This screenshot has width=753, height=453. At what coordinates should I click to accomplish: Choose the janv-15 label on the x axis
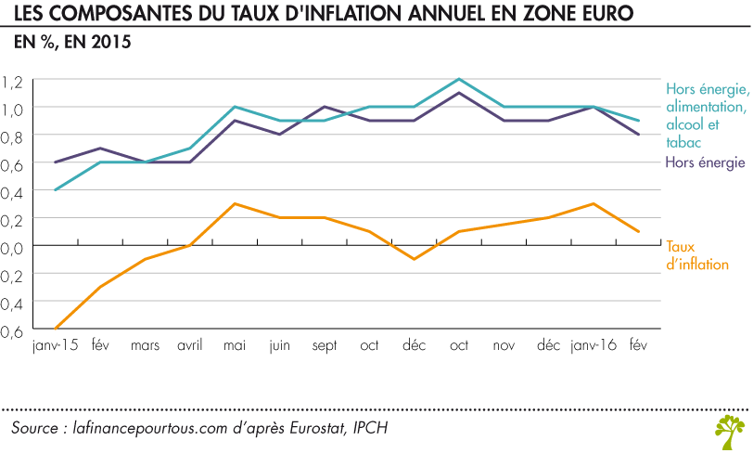pos(55,345)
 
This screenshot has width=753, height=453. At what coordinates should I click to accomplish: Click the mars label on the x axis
pos(145,345)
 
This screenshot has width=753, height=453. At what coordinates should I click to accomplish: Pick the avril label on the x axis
pos(190,345)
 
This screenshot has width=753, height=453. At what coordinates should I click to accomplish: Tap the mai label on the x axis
pos(235,345)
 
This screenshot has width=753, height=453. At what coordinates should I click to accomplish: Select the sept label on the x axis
pos(325,345)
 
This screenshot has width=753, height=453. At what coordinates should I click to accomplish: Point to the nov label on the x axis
pos(504,345)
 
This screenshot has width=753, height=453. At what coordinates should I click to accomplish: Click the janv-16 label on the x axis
pos(593,345)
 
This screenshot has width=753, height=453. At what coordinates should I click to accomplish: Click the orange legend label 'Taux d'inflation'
pos(696,255)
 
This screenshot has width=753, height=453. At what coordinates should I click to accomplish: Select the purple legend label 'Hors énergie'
pos(706,162)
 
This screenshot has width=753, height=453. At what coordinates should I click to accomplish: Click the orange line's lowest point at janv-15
pos(56,328)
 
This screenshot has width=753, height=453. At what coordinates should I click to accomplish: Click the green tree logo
pos(729,429)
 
